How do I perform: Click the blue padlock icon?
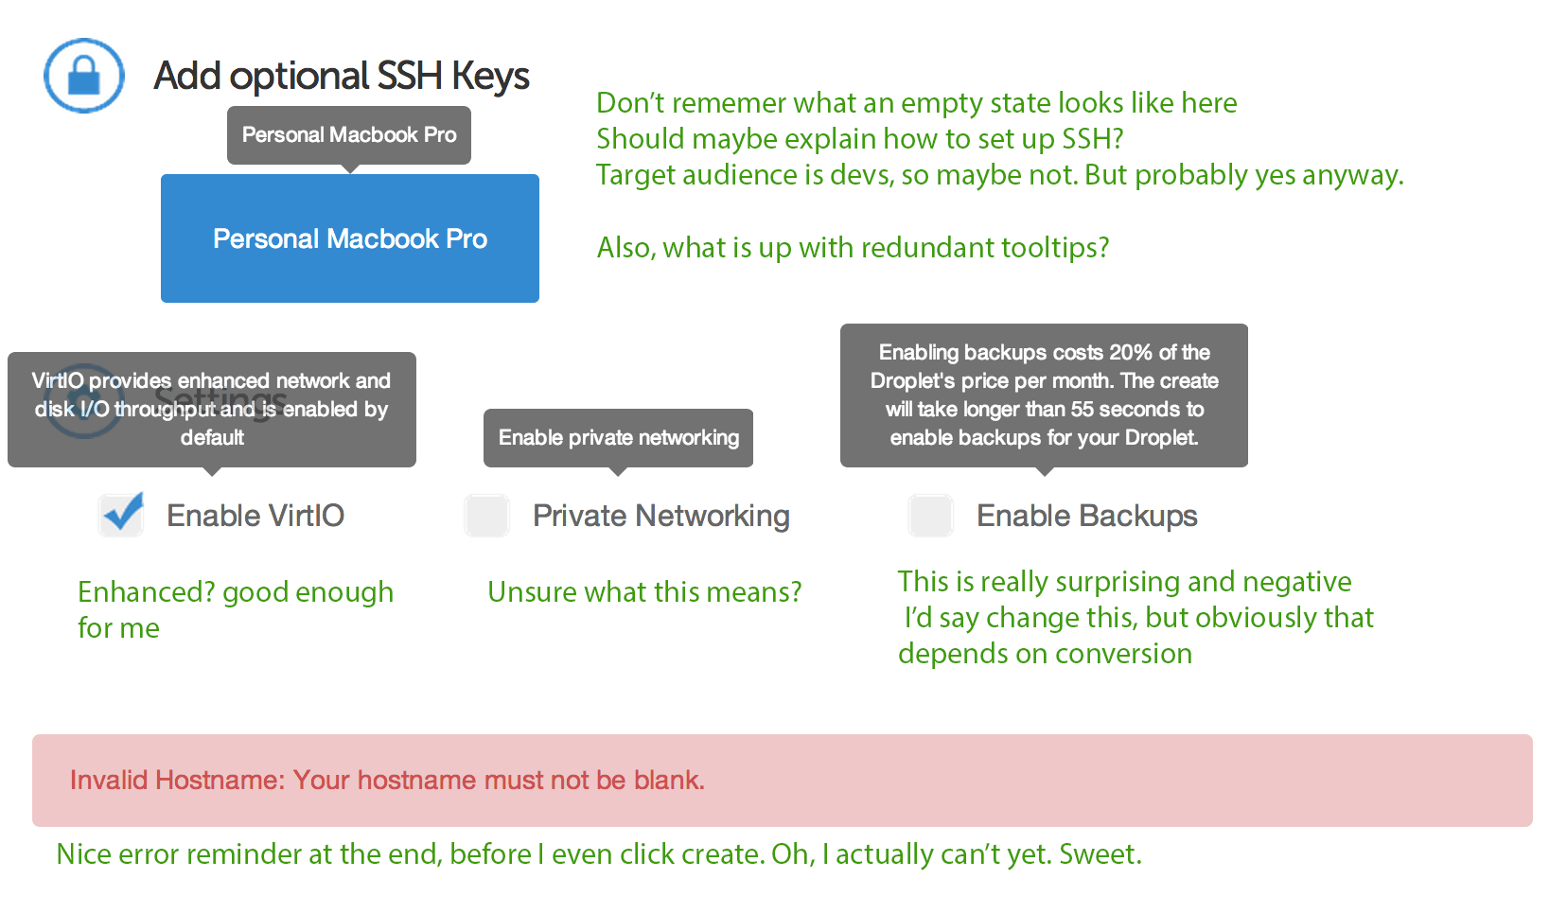(84, 76)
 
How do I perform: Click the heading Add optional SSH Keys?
(342, 76)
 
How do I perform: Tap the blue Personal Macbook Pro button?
(350, 238)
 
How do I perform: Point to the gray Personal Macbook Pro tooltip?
(349, 135)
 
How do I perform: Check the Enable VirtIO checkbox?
(121, 516)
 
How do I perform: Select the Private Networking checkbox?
(487, 516)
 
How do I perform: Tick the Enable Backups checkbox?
(930, 516)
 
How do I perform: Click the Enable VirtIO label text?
(255, 516)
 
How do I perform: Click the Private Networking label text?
(661, 517)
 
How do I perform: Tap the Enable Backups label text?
(1087, 516)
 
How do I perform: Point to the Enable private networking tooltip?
(619, 438)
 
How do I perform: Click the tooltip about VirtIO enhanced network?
(212, 410)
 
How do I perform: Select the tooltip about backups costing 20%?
(1044, 395)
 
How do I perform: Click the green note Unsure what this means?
(644, 592)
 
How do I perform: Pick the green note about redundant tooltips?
(853, 248)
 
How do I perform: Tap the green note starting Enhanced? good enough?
(236, 609)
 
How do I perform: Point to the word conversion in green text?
(1123, 654)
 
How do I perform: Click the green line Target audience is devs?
(999, 175)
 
